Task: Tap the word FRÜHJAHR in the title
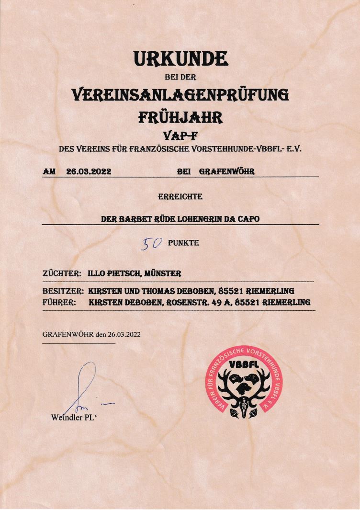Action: point(180,117)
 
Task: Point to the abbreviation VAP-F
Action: point(180,136)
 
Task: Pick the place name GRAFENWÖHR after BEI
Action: point(226,171)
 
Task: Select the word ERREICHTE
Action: point(180,196)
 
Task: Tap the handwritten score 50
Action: point(152,245)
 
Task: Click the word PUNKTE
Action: point(183,243)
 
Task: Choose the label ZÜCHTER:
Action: point(62,274)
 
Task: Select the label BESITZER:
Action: point(64,291)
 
